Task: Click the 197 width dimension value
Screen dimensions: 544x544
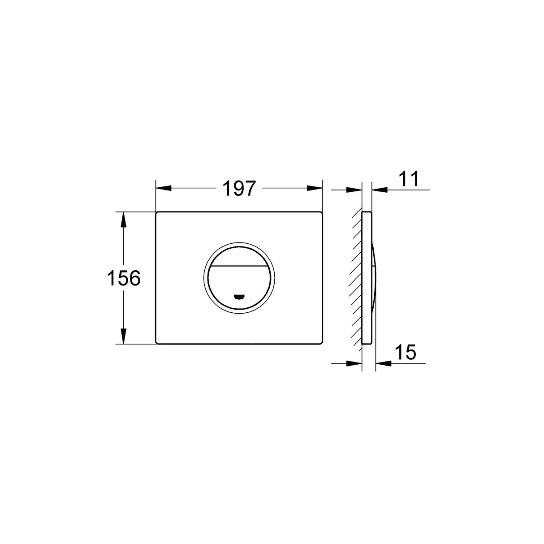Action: click(x=239, y=189)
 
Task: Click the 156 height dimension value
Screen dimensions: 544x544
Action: click(x=123, y=278)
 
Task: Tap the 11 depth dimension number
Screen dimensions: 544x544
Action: click(x=408, y=179)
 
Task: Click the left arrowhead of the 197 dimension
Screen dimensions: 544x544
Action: click(x=163, y=189)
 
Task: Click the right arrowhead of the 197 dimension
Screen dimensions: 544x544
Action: click(x=315, y=189)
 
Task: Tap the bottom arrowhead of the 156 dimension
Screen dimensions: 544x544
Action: click(x=123, y=337)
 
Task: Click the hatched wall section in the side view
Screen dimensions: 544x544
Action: click(x=357, y=278)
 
